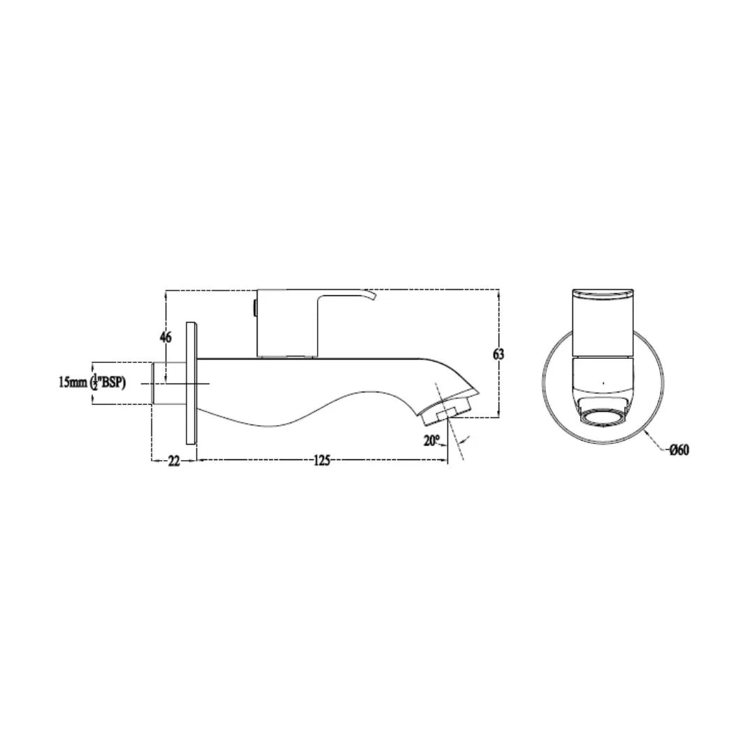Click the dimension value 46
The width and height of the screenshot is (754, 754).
(x=165, y=337)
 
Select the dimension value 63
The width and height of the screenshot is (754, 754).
(x=498, y=354)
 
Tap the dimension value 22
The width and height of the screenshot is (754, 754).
(x=174, y=461)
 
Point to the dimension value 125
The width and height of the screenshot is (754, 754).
(x=322, y=461)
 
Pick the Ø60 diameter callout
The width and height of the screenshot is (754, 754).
(x=679, y=450)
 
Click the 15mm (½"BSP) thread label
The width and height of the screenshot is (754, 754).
(x=92, y=383)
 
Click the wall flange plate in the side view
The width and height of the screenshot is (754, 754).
(x=191, y=383)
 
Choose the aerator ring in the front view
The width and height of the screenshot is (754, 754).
(x=603, y=417)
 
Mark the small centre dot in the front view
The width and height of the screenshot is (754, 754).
(x=603, y=383)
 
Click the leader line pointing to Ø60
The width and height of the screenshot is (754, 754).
(x=656, y=441)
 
